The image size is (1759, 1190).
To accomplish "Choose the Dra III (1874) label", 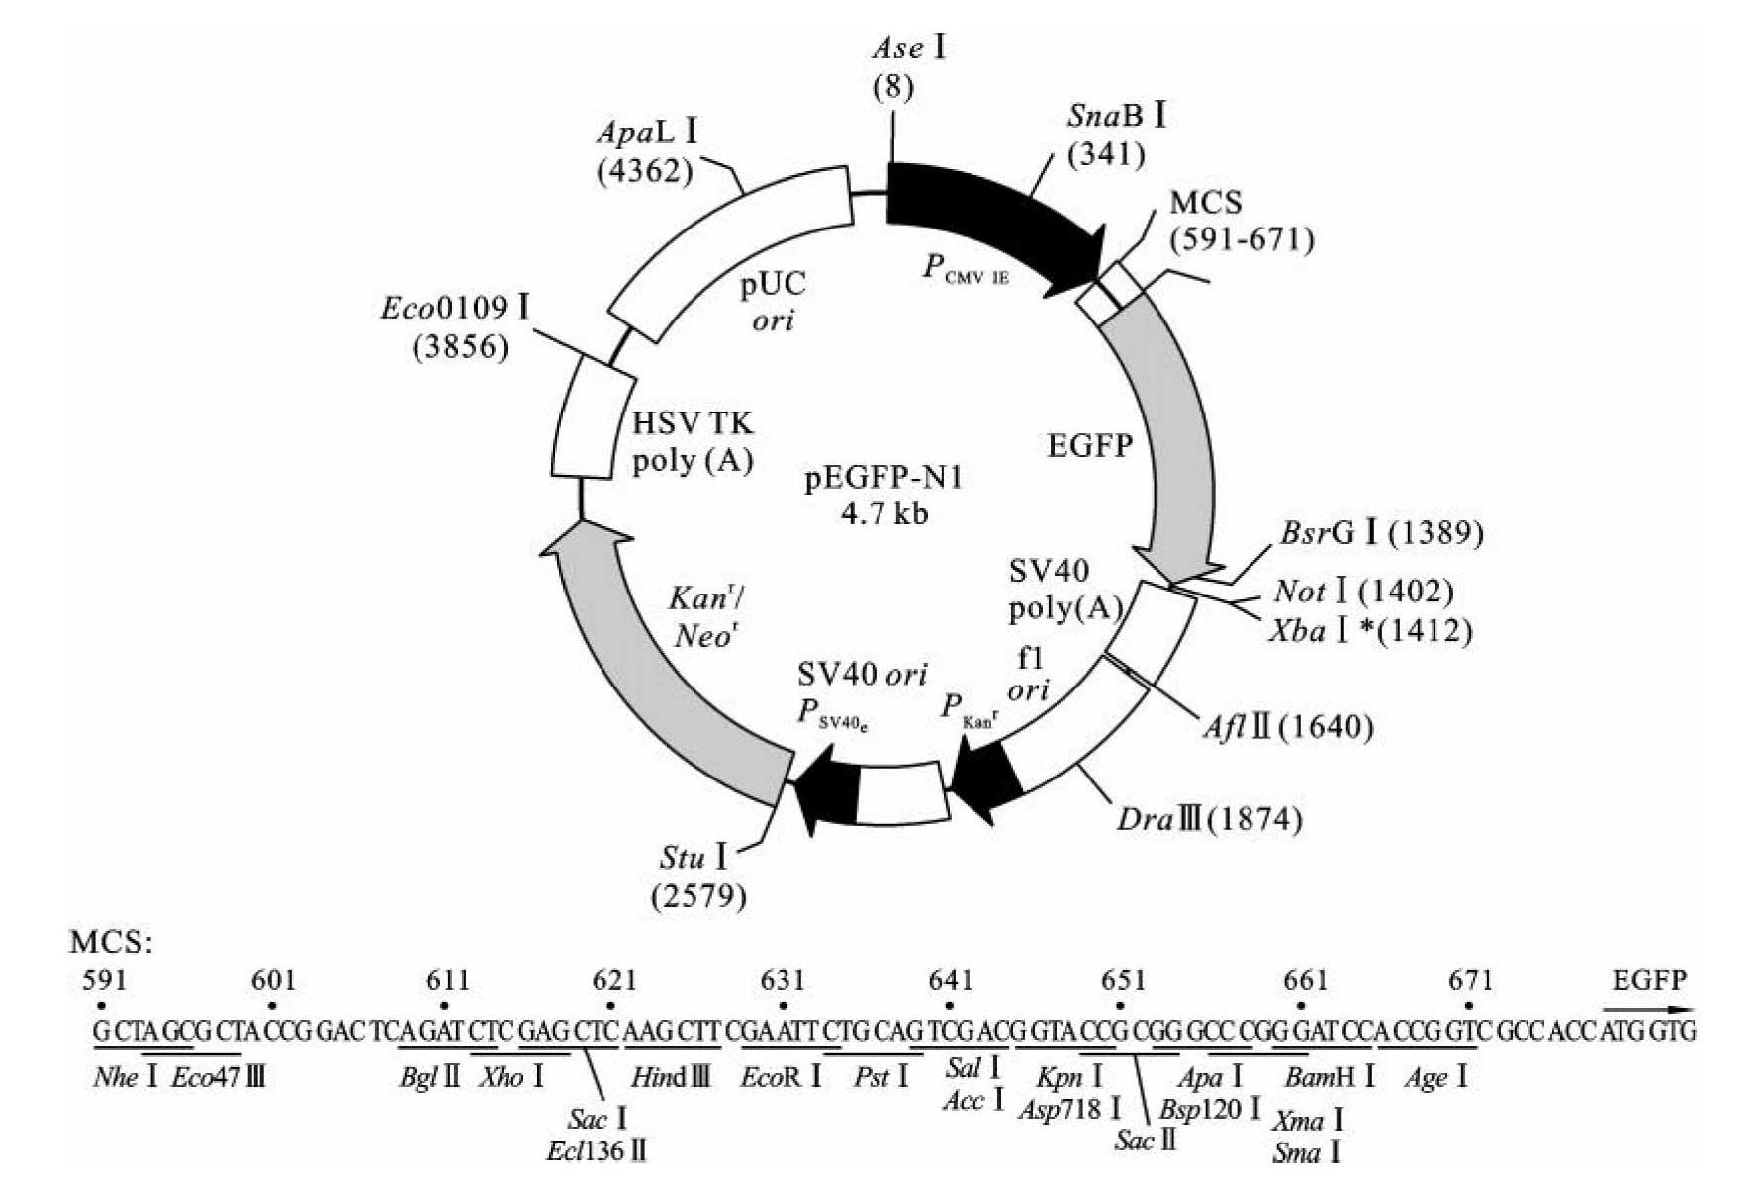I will pos(1209,819).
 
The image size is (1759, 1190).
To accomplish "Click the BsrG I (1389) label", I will pos(1381,533).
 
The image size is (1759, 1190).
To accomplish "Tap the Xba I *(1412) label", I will pos(1371,630).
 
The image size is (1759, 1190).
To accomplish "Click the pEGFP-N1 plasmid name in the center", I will pos(882,479).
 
